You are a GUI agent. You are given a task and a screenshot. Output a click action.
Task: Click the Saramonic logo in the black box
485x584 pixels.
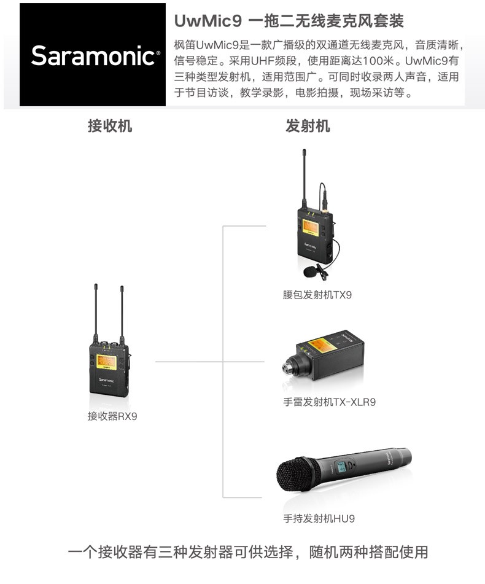[x=96, y=56]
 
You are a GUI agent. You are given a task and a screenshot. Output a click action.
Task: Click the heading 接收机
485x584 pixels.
[x=110, y=126]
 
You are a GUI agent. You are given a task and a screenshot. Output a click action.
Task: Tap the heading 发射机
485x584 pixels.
[x=308, y=126]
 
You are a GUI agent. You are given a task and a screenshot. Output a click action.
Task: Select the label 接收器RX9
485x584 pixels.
[x=112, y=416]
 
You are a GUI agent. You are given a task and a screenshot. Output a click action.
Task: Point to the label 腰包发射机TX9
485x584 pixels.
[x=317, y=295]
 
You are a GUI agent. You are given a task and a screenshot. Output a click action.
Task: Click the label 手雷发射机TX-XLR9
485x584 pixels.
[x=330, y=402]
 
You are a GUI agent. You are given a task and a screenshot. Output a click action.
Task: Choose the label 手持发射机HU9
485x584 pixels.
[x=319, y=518]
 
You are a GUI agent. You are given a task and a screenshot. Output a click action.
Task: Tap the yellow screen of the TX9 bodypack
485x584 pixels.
[x=311, y=228]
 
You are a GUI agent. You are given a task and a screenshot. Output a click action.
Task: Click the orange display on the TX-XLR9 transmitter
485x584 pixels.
[x=323, y=345]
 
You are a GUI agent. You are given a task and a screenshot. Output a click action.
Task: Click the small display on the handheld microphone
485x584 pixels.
[x=341, y=467]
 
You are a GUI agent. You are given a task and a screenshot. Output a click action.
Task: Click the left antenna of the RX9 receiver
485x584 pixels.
[x=96, y=313]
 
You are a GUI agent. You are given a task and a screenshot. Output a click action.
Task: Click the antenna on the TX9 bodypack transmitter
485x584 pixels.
[x=304, y=178]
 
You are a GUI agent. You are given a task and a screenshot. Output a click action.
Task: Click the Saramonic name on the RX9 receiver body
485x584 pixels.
[x=106, y=380]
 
